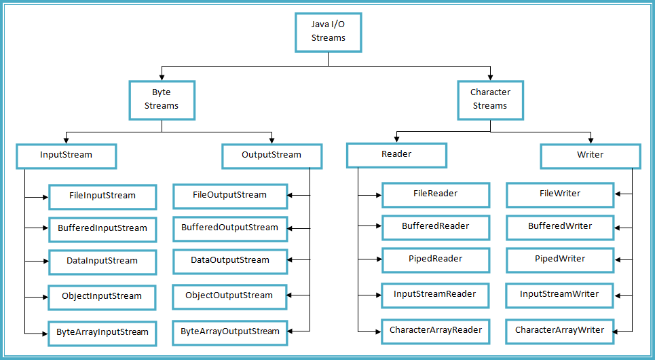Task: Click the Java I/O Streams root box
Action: (328, 32)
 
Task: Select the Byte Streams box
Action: (162, 99)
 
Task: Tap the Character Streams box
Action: (489, 99)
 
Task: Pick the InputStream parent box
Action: (65, 156)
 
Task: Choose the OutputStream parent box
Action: (272, 156)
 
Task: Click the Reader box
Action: (396, 155)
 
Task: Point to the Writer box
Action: (590, 156)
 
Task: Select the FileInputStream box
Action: (102, 196)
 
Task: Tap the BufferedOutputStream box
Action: (229, 228)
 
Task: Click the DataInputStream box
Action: (102, 262)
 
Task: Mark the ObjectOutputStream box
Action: (229, 296)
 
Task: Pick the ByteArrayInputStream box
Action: (102, 333)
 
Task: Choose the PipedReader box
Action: (435, 259)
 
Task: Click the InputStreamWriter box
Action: (559, 295)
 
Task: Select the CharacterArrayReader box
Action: (435, 331)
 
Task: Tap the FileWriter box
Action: (559, 194)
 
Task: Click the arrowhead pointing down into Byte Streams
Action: (162, 77)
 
